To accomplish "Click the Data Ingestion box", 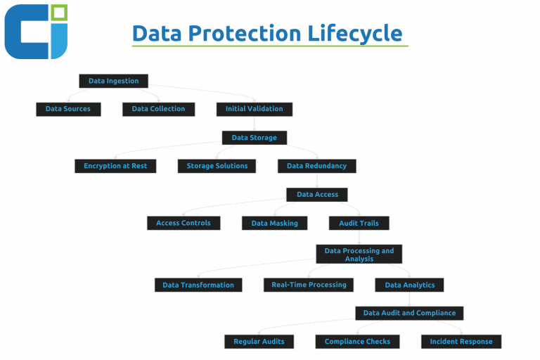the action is (x=114, y=81).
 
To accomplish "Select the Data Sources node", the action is (x=68, y=109).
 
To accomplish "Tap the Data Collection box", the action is (x=158, y=109).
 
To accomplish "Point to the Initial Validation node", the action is (x=255, y=109).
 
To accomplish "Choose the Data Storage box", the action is (x=254, y=138).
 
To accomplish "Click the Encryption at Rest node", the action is (x=115, y=166).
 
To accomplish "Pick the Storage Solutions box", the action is (x=217, y=166).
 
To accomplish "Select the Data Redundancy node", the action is (x=317, y=166).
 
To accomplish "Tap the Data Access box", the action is (x=317, y=195).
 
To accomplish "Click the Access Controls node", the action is (x=184, y=223).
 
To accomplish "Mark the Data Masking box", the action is (x=274, y=223).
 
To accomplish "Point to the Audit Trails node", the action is (x=359, y=223).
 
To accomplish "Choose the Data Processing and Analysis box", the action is (x=359, y=255).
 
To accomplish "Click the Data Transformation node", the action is (x=198, y=285).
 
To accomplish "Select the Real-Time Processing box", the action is (x=309, y=285).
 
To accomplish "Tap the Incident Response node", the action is (x=461, y=342).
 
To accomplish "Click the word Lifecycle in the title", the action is (x=354, y=34).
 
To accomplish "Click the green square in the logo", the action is (x=59, y=13).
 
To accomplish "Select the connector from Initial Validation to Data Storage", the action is (x=255, y=124).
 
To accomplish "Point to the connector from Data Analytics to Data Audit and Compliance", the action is (x=409, y=300).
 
